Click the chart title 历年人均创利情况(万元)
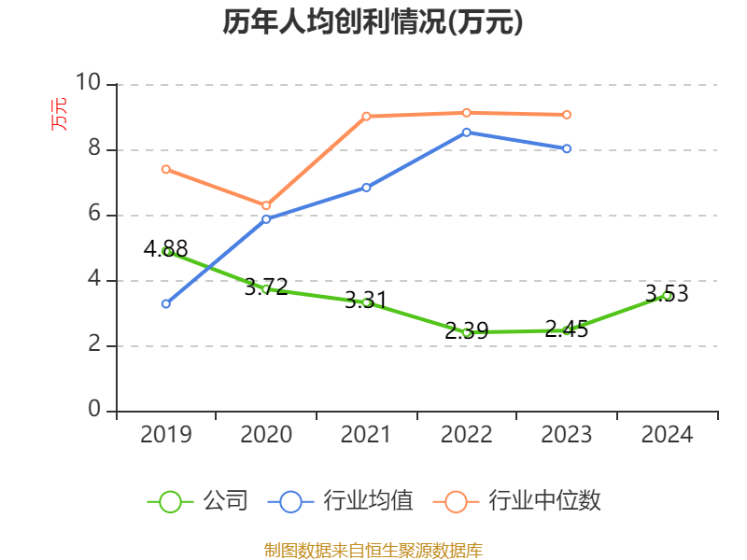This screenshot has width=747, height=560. coord(373,22)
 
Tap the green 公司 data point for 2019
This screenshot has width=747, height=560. coord(166,251)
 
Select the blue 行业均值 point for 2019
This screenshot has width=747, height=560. coord(166,303)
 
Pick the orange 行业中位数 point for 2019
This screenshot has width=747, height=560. coord(166,169)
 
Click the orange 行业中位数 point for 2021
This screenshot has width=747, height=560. coord(366,116)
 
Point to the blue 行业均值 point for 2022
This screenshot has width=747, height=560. coord(467,132)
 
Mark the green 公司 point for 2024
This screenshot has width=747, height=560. coord(667,295)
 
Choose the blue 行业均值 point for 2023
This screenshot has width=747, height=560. coord(567,148)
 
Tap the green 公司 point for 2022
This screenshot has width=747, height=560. coord(467,332)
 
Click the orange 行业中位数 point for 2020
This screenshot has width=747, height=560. coord(266,205)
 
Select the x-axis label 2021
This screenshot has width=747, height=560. coord(366,435)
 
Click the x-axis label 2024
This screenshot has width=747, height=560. coord(667,435)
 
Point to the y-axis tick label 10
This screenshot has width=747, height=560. coord(88,83)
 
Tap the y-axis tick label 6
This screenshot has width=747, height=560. coord(94,214)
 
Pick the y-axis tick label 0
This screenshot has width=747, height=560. coord(94,410)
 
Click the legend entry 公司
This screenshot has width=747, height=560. coord(198,501)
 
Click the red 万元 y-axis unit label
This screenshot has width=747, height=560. coord(59,114)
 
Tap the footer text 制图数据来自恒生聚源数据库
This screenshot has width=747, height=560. coord(373,550)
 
